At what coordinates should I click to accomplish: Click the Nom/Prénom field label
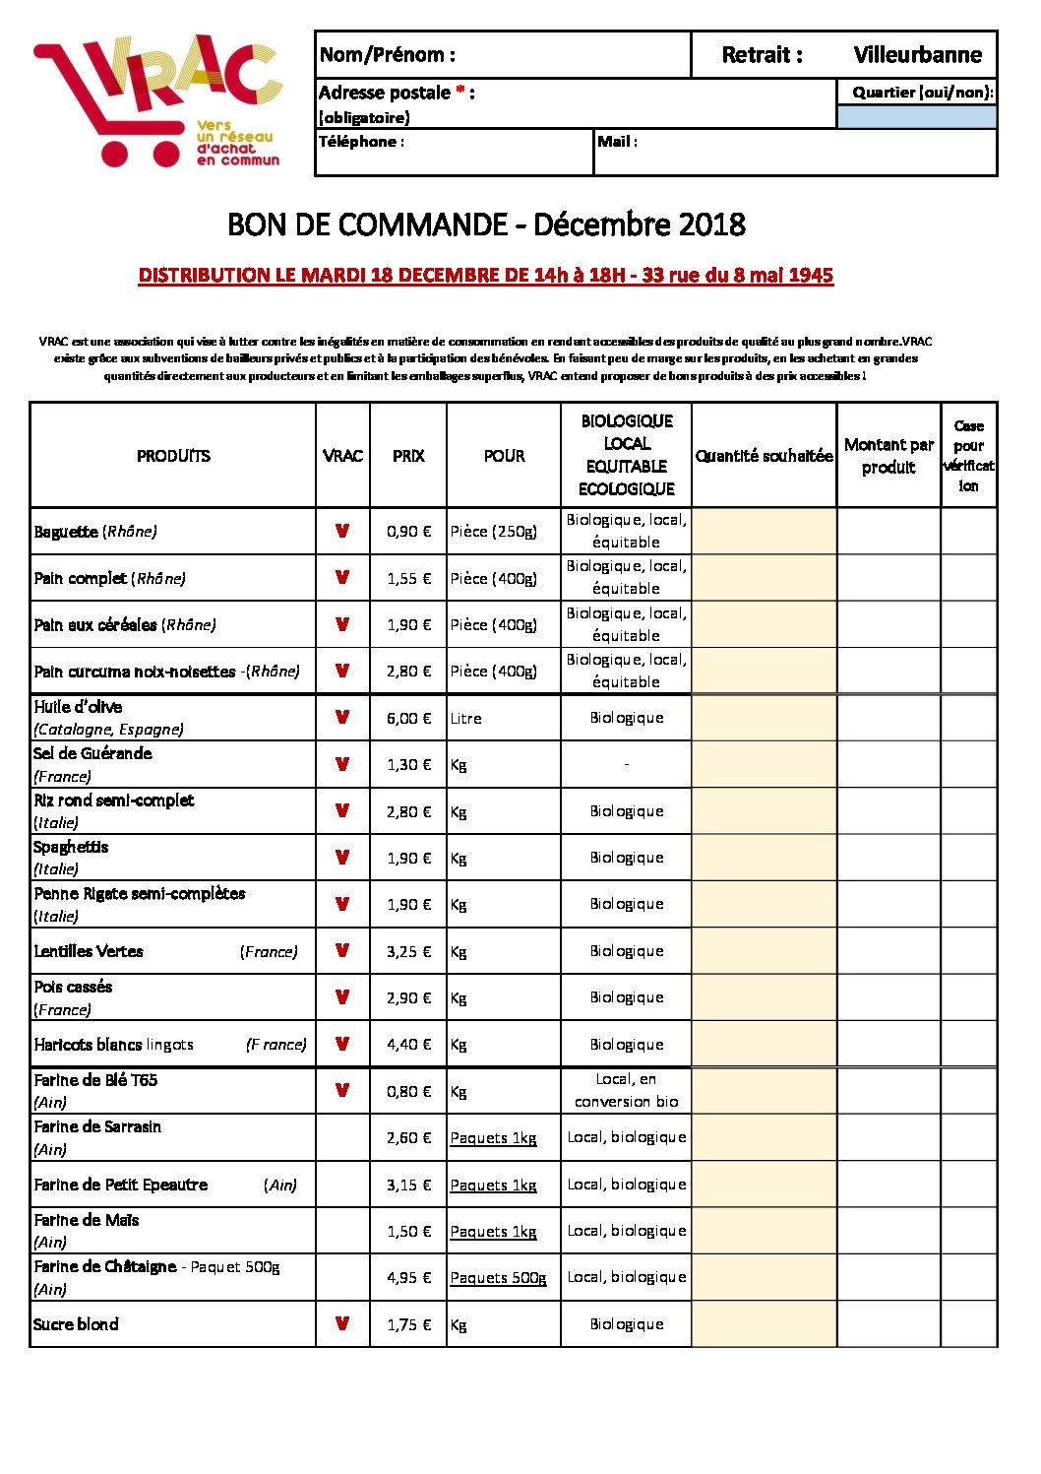coord(388,55)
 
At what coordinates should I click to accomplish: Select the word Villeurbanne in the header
coord(917,55)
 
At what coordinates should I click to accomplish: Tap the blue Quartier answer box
coord(916,117)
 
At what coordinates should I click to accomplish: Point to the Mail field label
coord(617,142)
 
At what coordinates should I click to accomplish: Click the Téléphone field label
coord(361,142)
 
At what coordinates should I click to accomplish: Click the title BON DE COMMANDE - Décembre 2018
coord(486,224)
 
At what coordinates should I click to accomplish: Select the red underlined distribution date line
coord(486,276)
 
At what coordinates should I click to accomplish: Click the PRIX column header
coord(408,456)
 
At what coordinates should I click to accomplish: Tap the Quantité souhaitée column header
coord(764,456)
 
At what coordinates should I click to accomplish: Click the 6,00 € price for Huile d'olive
coord(408,719)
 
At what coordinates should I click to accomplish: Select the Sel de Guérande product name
coord(92,754)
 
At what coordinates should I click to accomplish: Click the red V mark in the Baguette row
coord(342,531)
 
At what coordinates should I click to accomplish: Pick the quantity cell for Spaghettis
coord(764,858)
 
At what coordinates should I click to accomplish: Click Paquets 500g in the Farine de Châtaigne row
coord(498,1278)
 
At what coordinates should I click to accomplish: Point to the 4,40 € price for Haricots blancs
coord(408,1045)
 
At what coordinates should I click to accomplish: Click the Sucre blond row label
coord(76,1325)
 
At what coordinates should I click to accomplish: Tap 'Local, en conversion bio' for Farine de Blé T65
coord(627,1091)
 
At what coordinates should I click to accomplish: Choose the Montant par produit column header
coord(888,456)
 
